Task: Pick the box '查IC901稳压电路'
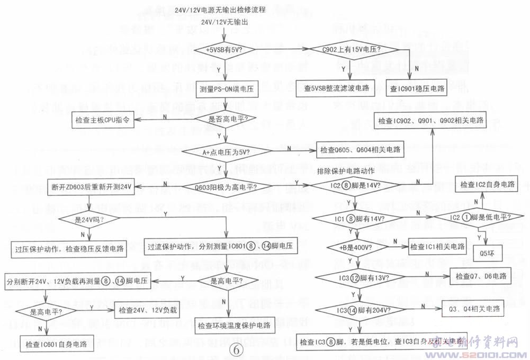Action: click(417, 88)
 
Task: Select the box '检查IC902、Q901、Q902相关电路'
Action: click(430, 121)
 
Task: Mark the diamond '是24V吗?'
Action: click(88, 218)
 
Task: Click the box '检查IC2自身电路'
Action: click(487, 185)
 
